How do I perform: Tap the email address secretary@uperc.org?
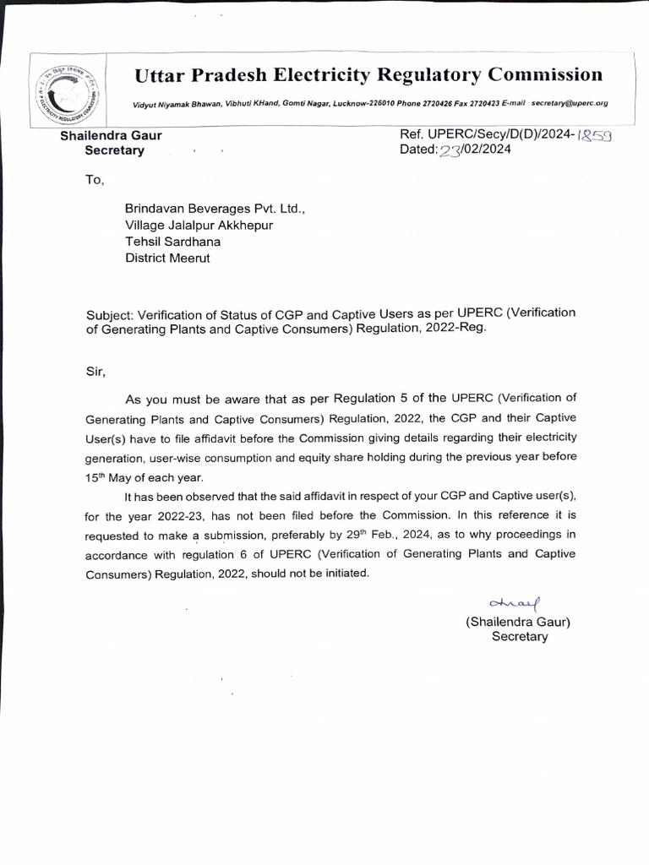point(570,103)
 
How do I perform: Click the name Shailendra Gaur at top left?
point(111,135)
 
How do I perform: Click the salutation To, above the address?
point(94,179)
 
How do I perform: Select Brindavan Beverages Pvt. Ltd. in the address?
point(215,208)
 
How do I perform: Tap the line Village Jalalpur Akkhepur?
point(199,225)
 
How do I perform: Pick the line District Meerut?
point(167,258)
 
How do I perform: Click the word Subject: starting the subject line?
point(111,315)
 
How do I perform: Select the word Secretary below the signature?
point(520,637)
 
